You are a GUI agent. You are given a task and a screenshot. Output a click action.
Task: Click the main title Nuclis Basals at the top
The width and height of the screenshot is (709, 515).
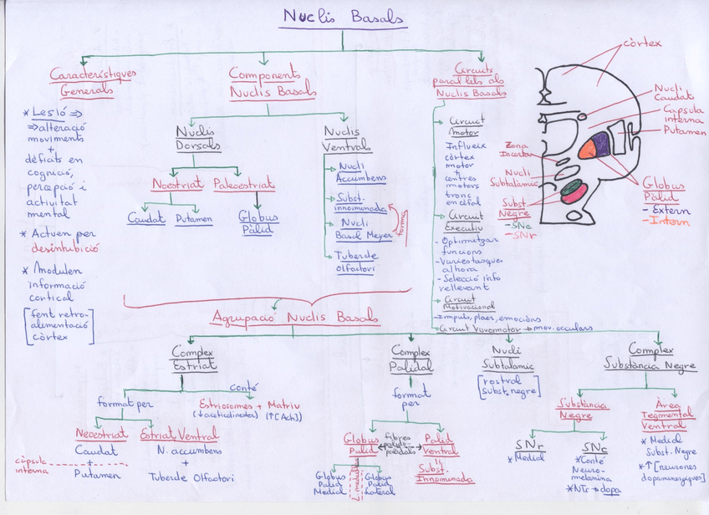point(343,18)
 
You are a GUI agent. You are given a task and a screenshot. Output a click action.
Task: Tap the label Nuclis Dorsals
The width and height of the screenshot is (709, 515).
point(197,138)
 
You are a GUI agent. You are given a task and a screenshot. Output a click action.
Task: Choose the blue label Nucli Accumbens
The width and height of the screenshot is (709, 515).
point(361,172)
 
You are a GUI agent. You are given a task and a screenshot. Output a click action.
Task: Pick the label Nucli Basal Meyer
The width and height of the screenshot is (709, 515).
point(366,228)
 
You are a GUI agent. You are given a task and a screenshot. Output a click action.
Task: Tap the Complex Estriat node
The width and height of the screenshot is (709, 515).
point(194,358)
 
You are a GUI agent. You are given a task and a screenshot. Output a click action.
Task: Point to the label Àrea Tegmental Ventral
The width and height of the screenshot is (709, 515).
point(669,414)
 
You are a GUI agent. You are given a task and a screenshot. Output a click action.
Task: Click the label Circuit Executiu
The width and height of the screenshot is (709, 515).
point(465,221)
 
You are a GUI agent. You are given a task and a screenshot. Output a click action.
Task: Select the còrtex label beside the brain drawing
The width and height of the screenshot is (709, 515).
point(641,43)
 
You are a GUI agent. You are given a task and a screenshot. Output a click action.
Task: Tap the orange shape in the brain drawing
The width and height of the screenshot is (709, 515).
point(589,148)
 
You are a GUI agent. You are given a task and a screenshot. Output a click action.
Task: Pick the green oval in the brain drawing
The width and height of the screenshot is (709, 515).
point(571,186)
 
